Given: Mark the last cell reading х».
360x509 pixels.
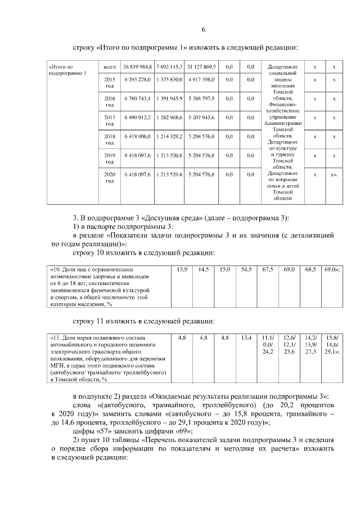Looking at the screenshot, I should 335,175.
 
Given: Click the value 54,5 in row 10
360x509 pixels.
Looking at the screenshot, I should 246,270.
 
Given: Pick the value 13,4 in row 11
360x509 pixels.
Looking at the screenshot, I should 246,337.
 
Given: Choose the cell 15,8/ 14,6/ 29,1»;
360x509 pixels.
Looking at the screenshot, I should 332,344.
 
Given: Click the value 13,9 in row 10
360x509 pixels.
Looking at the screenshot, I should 182,270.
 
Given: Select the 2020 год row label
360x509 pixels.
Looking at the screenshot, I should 110,178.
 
